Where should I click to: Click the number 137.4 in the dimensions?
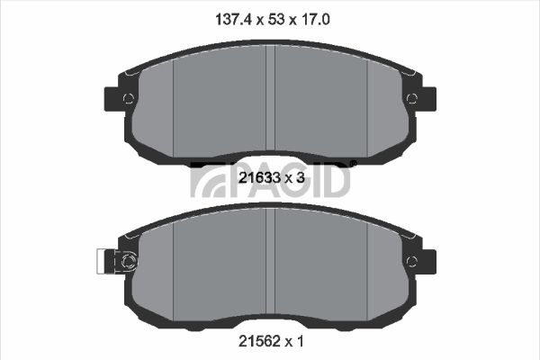tap(235, 19)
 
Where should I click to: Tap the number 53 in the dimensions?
tap(276, 19)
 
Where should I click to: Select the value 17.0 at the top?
tap(316, 19)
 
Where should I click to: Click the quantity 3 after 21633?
tap(301, 178)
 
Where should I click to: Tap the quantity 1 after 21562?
tap(301, 341)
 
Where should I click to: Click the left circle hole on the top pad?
tap(128, 99)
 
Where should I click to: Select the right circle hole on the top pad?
tap(412, 99)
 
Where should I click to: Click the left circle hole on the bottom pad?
tap(128, 262)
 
